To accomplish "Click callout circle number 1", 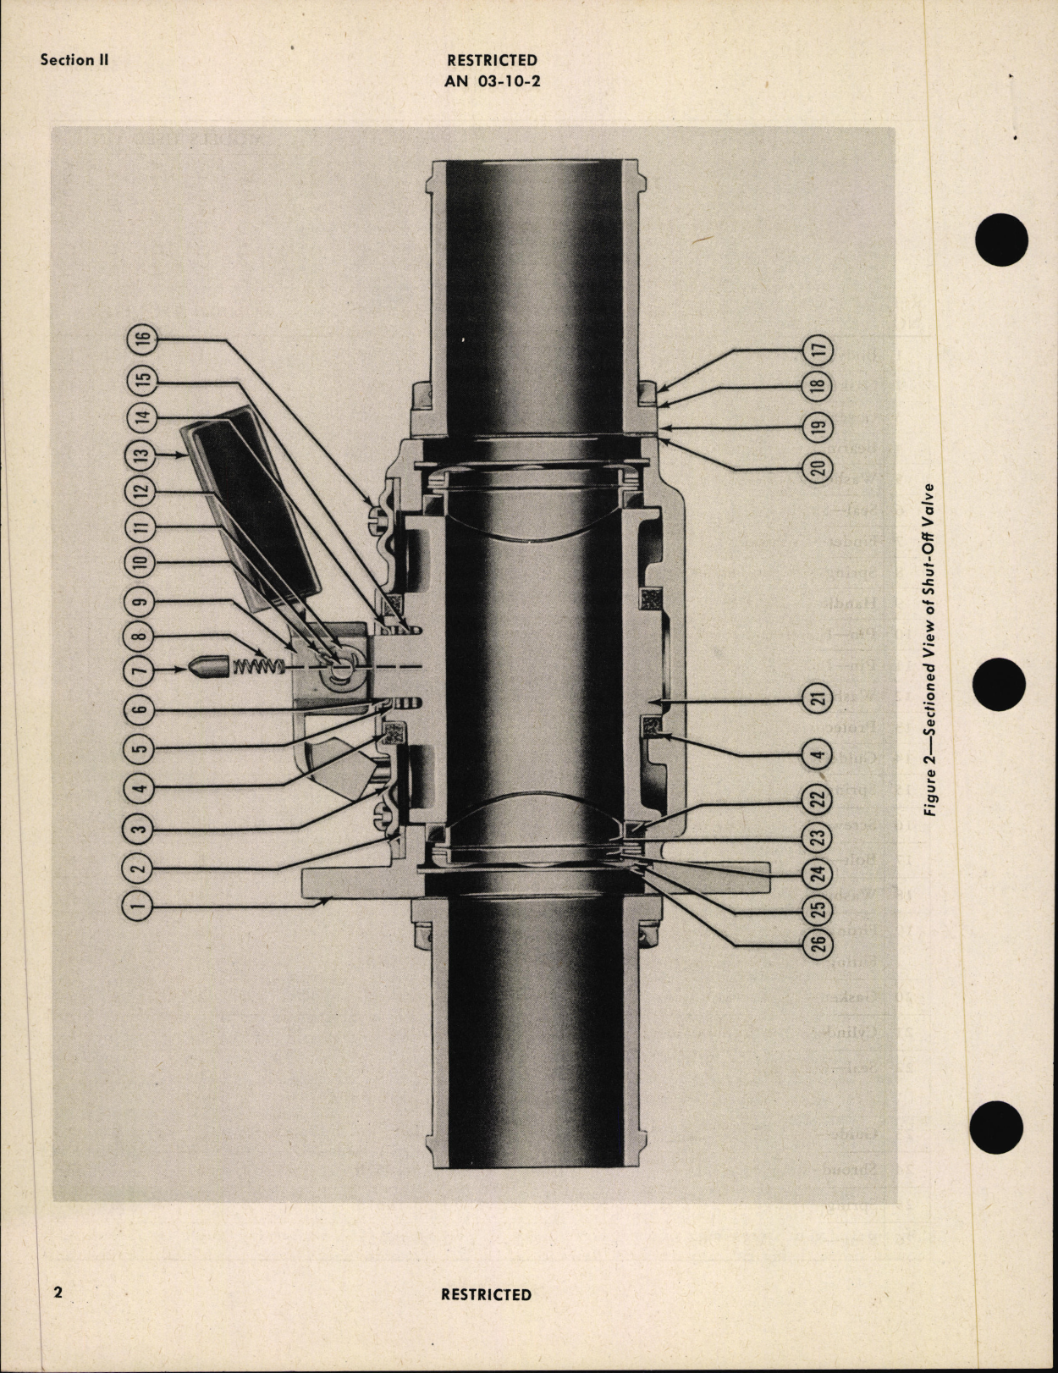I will coord(141,907).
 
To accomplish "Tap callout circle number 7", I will coord(141,669).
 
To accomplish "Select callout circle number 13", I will coord(141,453).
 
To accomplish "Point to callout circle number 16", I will coord(141,339).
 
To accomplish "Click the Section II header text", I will coord(74,60).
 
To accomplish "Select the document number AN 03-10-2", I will coord(492,81).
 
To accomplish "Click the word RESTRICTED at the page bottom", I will coord(486,1294).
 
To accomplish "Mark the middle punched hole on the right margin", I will coord(1000,686).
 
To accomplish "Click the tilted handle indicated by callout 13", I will coord(254,508).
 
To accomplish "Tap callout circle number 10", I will coord(141,561).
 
